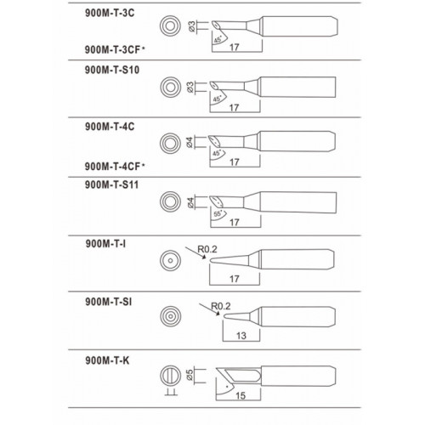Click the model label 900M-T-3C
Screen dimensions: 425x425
click(110, 13)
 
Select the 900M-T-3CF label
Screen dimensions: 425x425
click(113, 49)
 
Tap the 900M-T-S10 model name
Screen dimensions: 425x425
click(112, 70)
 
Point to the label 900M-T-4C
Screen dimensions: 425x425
click(110, 127)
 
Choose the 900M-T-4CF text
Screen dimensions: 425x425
click(113, 167)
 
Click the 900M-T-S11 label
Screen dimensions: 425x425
click(111, 185)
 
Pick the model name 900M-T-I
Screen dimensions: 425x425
click(105, 244)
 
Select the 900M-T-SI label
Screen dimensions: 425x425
click(109, 302)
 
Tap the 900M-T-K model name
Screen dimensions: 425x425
click(107, 360)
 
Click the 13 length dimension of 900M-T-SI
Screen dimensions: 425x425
click(241, 336)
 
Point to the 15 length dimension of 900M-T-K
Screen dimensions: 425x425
click(241, 395)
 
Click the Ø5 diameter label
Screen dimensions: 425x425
click(190, 375)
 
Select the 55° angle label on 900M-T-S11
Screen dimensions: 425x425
click(218, 213)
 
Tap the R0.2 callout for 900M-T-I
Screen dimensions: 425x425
click(207, 249)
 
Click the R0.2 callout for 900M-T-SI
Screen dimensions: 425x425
click(221, 306)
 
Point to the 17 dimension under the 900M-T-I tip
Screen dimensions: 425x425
click(235, 279)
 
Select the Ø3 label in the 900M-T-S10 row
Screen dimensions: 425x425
click(190, 88)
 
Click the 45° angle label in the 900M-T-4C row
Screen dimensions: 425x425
click(217, 153)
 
